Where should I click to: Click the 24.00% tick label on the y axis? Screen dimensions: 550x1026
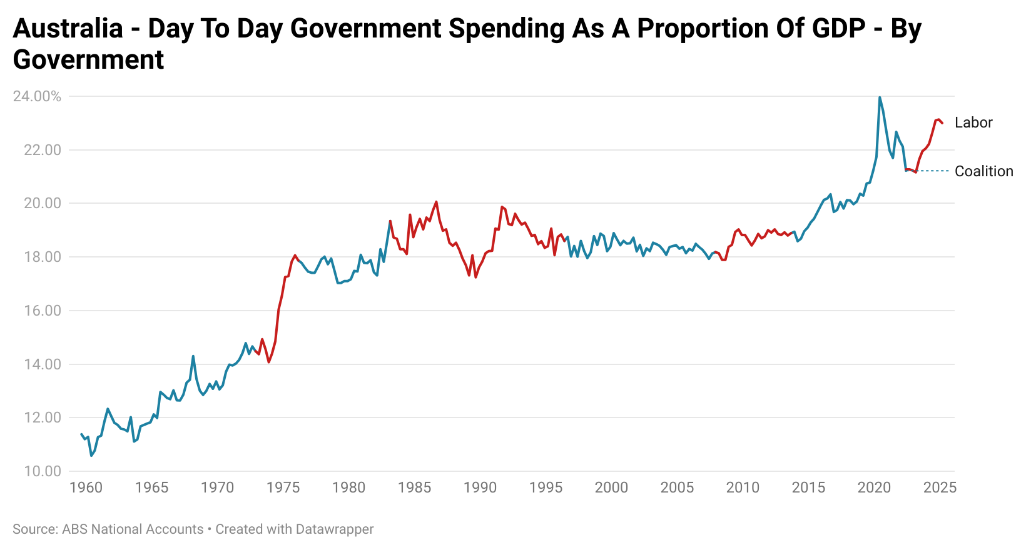tap(37, 96)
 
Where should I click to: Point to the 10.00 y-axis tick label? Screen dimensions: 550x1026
tap(43, 471)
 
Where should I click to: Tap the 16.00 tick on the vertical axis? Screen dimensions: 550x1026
tap(43, 311)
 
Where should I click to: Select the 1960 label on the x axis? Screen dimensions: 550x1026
tap(86, 487)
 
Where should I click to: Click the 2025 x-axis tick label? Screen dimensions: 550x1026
tap(940, 487)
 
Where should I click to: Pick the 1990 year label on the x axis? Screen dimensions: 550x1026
tap(480, 487)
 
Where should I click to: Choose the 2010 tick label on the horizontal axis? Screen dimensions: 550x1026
tap(743, 487)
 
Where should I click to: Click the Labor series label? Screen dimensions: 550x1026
tap(973, 122)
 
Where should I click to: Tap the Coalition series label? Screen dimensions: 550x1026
tap(983, 171)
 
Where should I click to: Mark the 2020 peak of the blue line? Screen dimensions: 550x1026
tap(880, 97)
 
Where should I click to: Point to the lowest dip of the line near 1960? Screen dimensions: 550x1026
tap(91, 456)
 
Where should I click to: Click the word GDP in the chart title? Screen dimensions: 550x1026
tap(838, 29)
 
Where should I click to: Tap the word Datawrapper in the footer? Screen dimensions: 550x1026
tap(334, 529)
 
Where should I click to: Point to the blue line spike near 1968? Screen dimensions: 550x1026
tap(193, 356)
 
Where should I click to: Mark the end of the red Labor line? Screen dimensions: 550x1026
tap(942, 123)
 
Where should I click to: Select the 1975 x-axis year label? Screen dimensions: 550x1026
tap(283, 487)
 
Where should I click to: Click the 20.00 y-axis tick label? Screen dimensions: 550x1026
tap(43, 203)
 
